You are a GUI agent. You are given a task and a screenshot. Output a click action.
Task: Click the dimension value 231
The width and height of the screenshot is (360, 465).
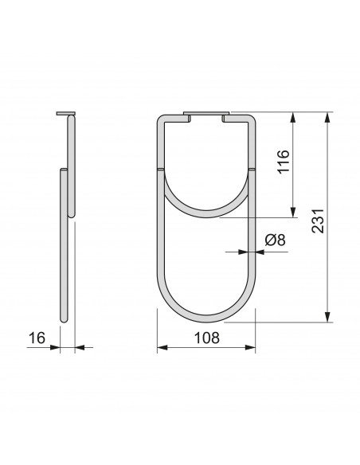pyautogui.click(x=318, y=221)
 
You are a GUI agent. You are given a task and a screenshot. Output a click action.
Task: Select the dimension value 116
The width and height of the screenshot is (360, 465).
pyautogui.click(x=283, y=162)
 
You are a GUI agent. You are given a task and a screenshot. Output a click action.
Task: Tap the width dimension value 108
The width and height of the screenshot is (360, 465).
pyautogui.click(x=207, y=338)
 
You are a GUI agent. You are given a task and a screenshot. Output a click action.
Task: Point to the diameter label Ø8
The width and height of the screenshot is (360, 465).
pyautogui.click(x=276, y=240)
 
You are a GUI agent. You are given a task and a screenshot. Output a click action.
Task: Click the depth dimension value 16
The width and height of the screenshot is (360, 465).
pyautogui.click(x=37, y=338)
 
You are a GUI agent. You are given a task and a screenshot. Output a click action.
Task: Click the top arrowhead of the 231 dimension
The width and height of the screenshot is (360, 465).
pyautogui.click(x=327, y=117)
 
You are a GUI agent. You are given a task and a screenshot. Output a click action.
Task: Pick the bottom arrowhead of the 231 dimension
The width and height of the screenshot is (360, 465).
pyautogui.click(x=327, y=317)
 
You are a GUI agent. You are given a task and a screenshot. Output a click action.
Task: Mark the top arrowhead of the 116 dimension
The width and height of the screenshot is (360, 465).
pyautogui.click(x=293, y=117)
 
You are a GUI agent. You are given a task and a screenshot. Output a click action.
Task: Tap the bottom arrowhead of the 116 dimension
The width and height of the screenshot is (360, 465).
pyautogui.click(x=293, y=213)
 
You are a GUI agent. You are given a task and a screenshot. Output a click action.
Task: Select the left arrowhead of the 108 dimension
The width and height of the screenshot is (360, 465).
pyautogui.click(x=162, y=347)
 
